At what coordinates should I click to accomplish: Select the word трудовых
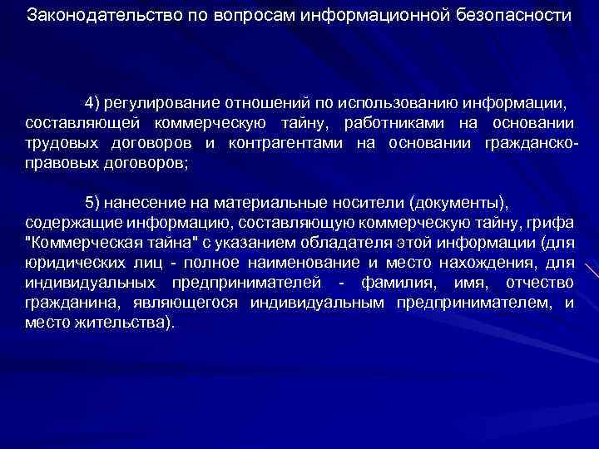(x=57, y=143)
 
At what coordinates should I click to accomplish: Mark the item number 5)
(x=94, y=203)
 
